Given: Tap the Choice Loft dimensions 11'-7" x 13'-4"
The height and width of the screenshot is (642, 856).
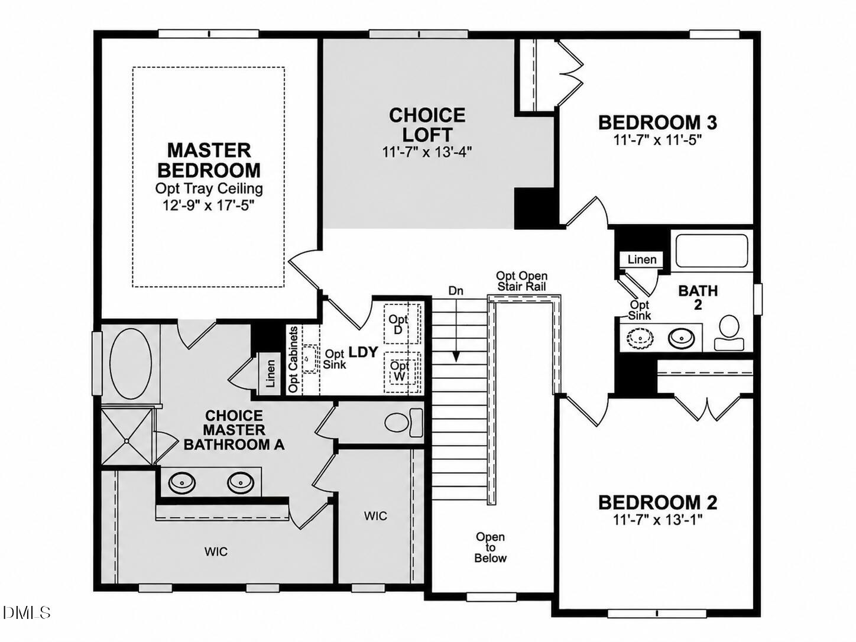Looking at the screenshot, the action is [427, 151].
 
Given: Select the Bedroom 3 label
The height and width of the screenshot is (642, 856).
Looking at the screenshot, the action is [657, 122].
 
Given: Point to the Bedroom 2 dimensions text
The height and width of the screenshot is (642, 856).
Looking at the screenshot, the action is [657, 520].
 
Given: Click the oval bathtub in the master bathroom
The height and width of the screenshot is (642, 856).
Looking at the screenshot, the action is [131, 364].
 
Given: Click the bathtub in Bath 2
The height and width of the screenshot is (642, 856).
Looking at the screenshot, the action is [712, 250].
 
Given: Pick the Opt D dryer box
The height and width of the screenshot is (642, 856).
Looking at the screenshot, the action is [402, 324].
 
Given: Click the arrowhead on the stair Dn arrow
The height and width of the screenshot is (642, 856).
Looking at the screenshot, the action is [456, 356].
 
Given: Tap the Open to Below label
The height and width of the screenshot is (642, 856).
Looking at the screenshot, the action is [490, 547].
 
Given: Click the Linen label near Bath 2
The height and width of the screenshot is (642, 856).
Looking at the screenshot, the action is [642, 260].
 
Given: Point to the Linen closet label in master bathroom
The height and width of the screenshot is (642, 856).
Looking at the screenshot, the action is [270, 373].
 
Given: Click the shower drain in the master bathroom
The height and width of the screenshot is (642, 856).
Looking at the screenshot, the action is [127, 441].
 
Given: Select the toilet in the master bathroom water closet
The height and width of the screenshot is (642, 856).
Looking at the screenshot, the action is [404, 423].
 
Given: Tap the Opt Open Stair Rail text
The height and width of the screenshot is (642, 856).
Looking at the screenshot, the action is [521, 281].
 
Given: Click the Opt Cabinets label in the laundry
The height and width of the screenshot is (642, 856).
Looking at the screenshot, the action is [293, 360].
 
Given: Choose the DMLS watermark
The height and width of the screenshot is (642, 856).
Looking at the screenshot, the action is [26, 613].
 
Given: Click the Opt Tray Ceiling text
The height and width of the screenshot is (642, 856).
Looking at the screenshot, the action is [209, 189].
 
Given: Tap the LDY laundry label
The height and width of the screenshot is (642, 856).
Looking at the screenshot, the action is [363, 352].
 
